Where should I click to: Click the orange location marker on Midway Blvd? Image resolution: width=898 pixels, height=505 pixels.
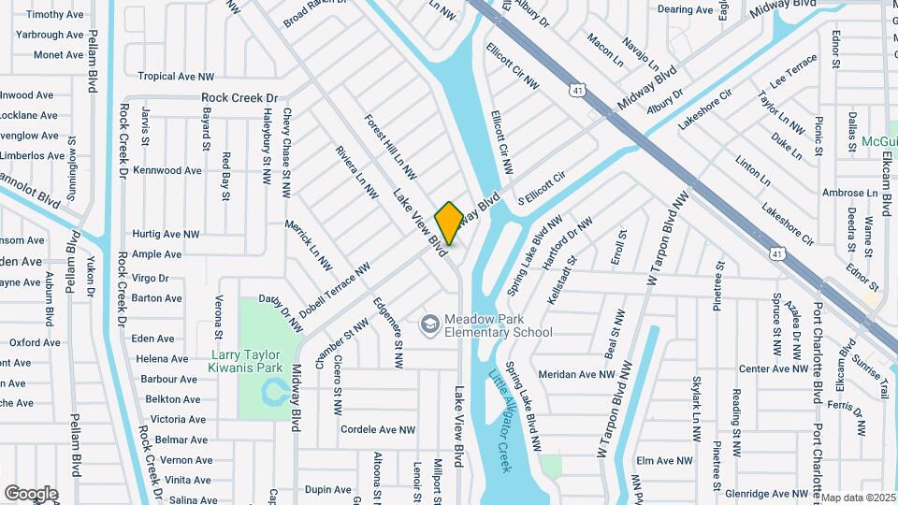449,224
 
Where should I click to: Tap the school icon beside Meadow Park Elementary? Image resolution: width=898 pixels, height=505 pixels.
429,324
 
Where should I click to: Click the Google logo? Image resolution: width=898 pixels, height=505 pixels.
31,493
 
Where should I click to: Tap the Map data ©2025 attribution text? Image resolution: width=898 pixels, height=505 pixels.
858,498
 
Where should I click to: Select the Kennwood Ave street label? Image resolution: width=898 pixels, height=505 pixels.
167,171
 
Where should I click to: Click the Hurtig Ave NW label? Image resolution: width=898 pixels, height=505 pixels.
166,234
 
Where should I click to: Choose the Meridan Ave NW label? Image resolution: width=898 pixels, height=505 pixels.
577,373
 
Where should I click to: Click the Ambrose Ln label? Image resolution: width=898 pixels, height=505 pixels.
843,193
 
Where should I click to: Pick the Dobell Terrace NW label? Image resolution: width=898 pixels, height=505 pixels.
335,290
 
